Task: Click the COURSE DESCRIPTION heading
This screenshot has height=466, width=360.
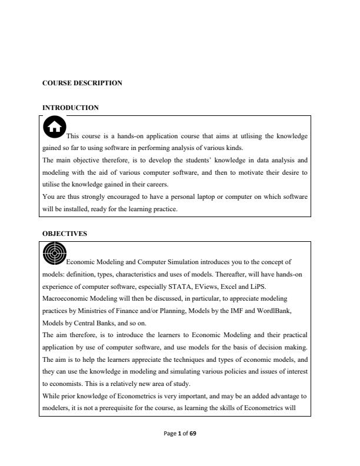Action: [82, 83]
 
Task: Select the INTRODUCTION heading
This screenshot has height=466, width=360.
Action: [71, 108]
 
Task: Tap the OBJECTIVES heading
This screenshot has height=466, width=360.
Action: [65, 234]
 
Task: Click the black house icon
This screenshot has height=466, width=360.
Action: [54, 126]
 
